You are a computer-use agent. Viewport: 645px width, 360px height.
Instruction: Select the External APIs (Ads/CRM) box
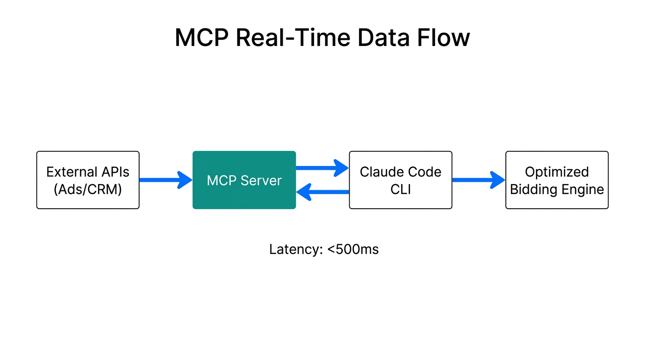[x=88, y=180]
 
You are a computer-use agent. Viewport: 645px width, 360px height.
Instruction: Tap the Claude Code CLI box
[x=400, y=180]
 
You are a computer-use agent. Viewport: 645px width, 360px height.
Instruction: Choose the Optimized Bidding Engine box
[x=556, y=180]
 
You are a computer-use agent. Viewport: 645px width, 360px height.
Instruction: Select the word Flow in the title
[x=445, y=37]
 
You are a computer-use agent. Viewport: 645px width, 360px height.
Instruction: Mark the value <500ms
[x=353, y=249]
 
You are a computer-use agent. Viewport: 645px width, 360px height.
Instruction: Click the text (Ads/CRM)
[x=88, y=189]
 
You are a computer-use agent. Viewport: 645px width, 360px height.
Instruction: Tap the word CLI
[x=400, y=189]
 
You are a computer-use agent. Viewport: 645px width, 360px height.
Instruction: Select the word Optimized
[x=556, y=172]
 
